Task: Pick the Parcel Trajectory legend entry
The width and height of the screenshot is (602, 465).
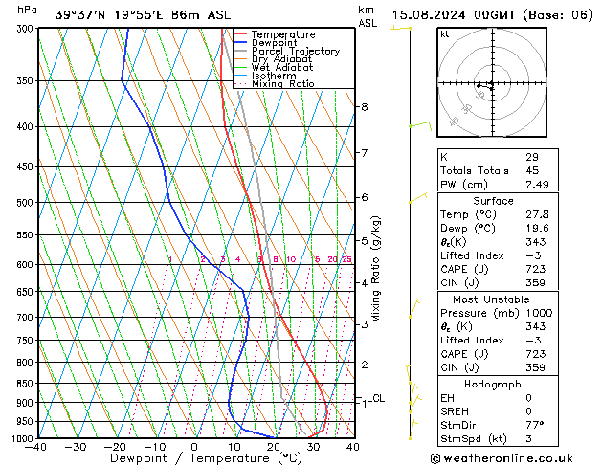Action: [x=295, y=52]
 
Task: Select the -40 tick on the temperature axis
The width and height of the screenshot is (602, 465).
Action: [x=37, y=447]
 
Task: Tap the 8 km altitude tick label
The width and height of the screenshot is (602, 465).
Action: [x=365, y=107]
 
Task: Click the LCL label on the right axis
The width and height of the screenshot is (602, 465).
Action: [x=375, y=398]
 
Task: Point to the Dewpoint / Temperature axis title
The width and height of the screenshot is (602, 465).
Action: [x=194, y=459]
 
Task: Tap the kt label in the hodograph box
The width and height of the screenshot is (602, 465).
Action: [x=445, y=33]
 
